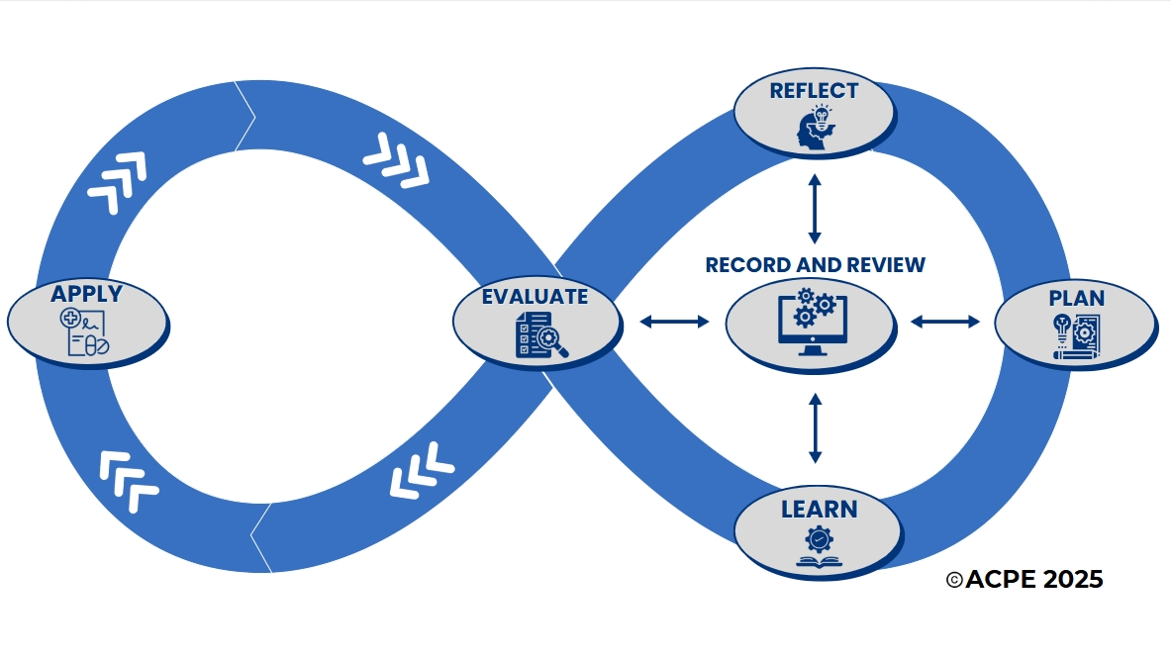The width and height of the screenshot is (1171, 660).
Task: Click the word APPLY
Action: (x=87, y=294)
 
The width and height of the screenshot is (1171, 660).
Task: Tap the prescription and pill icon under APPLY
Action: (x=86, y=332)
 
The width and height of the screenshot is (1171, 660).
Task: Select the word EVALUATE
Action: (x=535, y=297)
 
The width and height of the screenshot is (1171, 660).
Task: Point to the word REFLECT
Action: (x=815, y=91)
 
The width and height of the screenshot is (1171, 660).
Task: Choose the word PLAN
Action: (x=1076, y=298)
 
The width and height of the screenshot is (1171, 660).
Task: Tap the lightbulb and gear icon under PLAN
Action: (x=1074, y=335)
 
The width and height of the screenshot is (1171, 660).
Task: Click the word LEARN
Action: (x=819, y=511)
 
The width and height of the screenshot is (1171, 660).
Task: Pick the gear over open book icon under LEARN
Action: (x=819, y=547)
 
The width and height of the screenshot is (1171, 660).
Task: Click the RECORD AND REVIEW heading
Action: (x=815, y=265)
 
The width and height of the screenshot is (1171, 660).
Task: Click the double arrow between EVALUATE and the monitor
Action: (x=675, y=321)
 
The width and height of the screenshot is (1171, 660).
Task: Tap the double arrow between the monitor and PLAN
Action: (x=944, y=321)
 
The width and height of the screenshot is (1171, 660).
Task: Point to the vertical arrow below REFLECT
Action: (x=815, y=209)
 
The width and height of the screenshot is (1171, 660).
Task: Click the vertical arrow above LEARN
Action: (x=815, y=428)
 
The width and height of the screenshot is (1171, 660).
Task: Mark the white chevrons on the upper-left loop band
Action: (x=117, y=182)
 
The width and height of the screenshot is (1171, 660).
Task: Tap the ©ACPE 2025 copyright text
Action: (x=1025, y=580)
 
